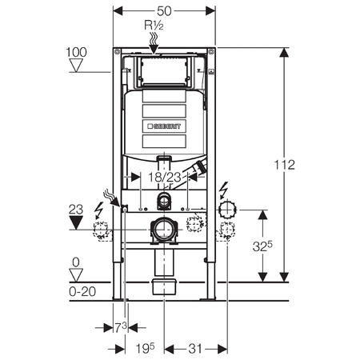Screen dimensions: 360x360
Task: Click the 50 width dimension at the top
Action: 164,11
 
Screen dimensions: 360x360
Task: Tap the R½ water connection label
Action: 154,25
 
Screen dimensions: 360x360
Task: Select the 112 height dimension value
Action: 285,165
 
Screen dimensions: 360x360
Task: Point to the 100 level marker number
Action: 76,52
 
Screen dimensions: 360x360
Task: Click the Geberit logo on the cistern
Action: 164,126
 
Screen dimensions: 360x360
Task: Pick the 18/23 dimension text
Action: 165,178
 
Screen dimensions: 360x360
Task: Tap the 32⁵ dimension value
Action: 262,246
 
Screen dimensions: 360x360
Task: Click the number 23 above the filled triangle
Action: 76,210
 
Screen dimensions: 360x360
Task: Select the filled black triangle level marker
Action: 76,222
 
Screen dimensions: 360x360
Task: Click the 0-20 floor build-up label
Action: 82,291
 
